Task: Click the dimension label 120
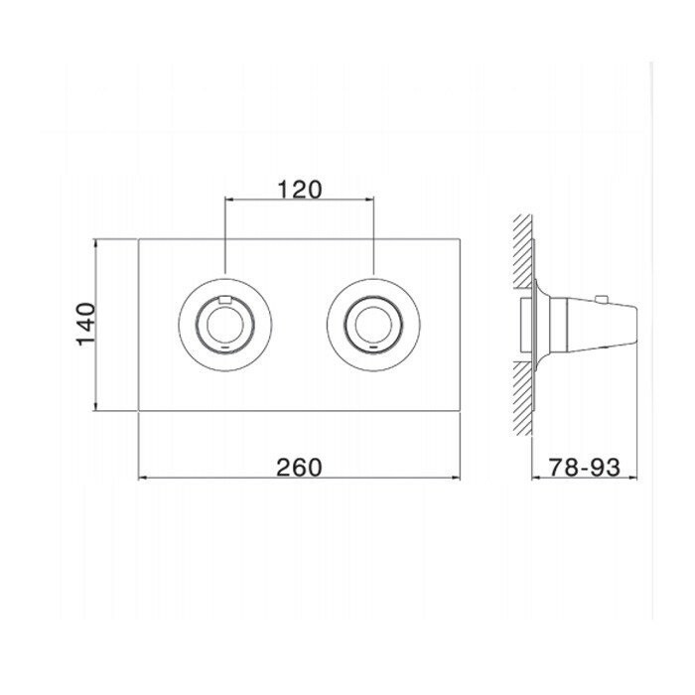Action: (x=300, y=190)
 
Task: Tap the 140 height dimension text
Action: (x=85, y=324)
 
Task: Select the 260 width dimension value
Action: (x=299, y=468)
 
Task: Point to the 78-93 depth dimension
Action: (x=584, y=467)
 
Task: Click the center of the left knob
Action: (x=224, y=325)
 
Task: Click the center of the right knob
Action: (x=373, y=325)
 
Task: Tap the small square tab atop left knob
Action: (x=225, y=300)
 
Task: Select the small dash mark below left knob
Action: (x=225, y=347)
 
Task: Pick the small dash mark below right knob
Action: (x=373, y=347)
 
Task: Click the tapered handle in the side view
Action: (x=602, y=325)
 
